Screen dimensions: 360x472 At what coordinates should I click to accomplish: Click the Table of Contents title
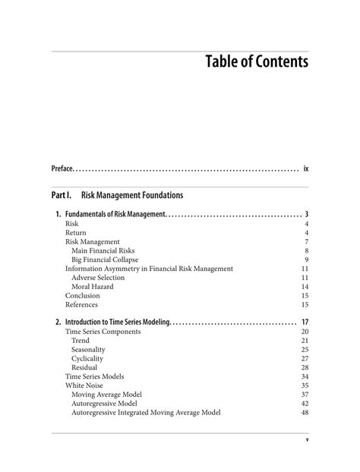[x=257, y=61]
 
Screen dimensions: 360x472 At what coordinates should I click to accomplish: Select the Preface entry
[x=62, y=168]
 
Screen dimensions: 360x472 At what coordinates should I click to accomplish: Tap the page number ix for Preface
[x=305, y=168]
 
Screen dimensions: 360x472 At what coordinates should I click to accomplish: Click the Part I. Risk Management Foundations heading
[x=118, y=195]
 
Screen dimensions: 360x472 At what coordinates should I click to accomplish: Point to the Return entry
[x=75, y=233]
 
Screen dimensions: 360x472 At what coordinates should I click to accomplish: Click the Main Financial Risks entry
[x=106, y=250]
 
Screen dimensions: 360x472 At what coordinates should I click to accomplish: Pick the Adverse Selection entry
[x=98, y=278]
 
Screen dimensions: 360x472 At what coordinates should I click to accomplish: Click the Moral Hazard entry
[x=92, y=287]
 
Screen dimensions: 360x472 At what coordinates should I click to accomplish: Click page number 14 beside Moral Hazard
[x=305, y=287]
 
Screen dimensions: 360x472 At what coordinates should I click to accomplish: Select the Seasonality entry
[x=88, y=349]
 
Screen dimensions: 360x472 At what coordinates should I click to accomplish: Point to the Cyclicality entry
[x=87, y=358]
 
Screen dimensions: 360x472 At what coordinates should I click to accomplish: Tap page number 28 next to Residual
[x=305, y=367]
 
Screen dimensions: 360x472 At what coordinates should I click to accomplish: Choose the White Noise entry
[x=84, y=385]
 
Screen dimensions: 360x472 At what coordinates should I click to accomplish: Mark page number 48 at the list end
[x=305, y=413]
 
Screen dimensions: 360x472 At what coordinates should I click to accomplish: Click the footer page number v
[x=307, y=440]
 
